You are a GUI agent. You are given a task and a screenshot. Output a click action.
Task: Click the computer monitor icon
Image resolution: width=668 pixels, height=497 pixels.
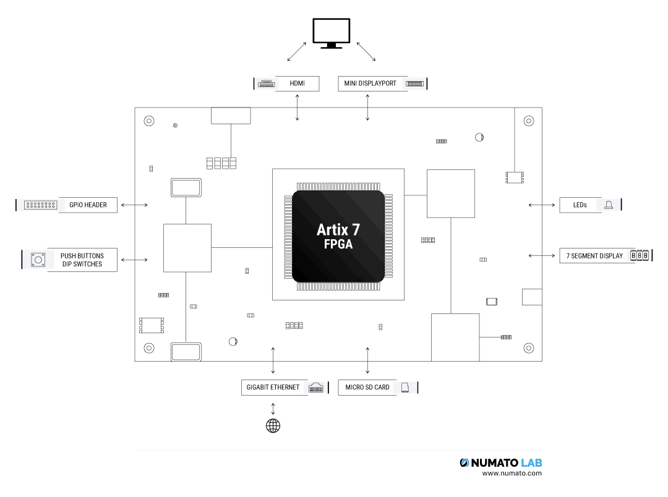pyautogui.click(x=332, y=33)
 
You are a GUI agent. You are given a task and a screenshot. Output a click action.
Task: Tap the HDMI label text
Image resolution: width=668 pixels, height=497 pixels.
pyautogui.click(x=297, y=83)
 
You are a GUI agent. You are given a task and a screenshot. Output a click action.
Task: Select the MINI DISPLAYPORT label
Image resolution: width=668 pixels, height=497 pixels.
pyautogui.click(x=370, y=83)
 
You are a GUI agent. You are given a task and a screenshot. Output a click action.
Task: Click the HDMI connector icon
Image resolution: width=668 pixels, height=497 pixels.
pyautogui.click(x=266, y=83)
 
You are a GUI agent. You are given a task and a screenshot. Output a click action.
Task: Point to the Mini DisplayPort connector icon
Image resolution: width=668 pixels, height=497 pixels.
pyautogui.click(x=414, y=83)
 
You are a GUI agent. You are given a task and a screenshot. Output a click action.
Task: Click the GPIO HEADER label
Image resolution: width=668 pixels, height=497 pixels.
pyautogui.click(x=88, y=205)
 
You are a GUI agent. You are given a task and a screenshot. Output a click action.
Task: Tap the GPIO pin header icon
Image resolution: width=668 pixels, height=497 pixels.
pyautogui.click(x=41, y=205)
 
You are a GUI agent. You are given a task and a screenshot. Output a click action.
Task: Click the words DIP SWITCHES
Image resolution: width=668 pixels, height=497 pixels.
pyautogui.click(x=82, y=265)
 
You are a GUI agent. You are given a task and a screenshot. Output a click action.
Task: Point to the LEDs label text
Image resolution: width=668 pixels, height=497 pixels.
pyautogui.click(x=580, y=205)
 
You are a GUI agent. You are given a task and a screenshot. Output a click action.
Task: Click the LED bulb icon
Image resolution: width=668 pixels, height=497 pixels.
pyautogui.click(x=609, y=205)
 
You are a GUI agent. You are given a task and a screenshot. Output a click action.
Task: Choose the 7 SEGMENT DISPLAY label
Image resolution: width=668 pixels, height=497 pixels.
pyautogui.click(x=594, y=256)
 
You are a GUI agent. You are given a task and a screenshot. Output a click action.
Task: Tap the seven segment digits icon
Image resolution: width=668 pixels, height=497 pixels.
pyautogui.click(x=640, y=255)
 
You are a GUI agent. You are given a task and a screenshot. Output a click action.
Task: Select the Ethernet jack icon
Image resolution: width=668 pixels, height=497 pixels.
pyautogui.click(x=316, y=388)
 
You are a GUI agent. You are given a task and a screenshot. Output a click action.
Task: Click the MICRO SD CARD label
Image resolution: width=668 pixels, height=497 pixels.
pyautogui.click(x=367, y=388)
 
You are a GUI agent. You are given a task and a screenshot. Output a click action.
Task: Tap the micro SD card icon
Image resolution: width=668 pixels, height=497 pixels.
pyautogui.click(x=406, y=388)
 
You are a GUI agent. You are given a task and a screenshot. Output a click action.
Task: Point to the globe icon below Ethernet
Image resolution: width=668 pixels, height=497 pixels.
pyautogui.click(x=273, y=425)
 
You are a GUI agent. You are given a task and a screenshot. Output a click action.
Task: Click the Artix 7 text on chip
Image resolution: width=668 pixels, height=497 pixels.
pyautogui.click(x=338, y=230)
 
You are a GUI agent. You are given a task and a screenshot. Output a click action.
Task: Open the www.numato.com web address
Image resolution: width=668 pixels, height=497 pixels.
pyautogui.click(x=512, y=474)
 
